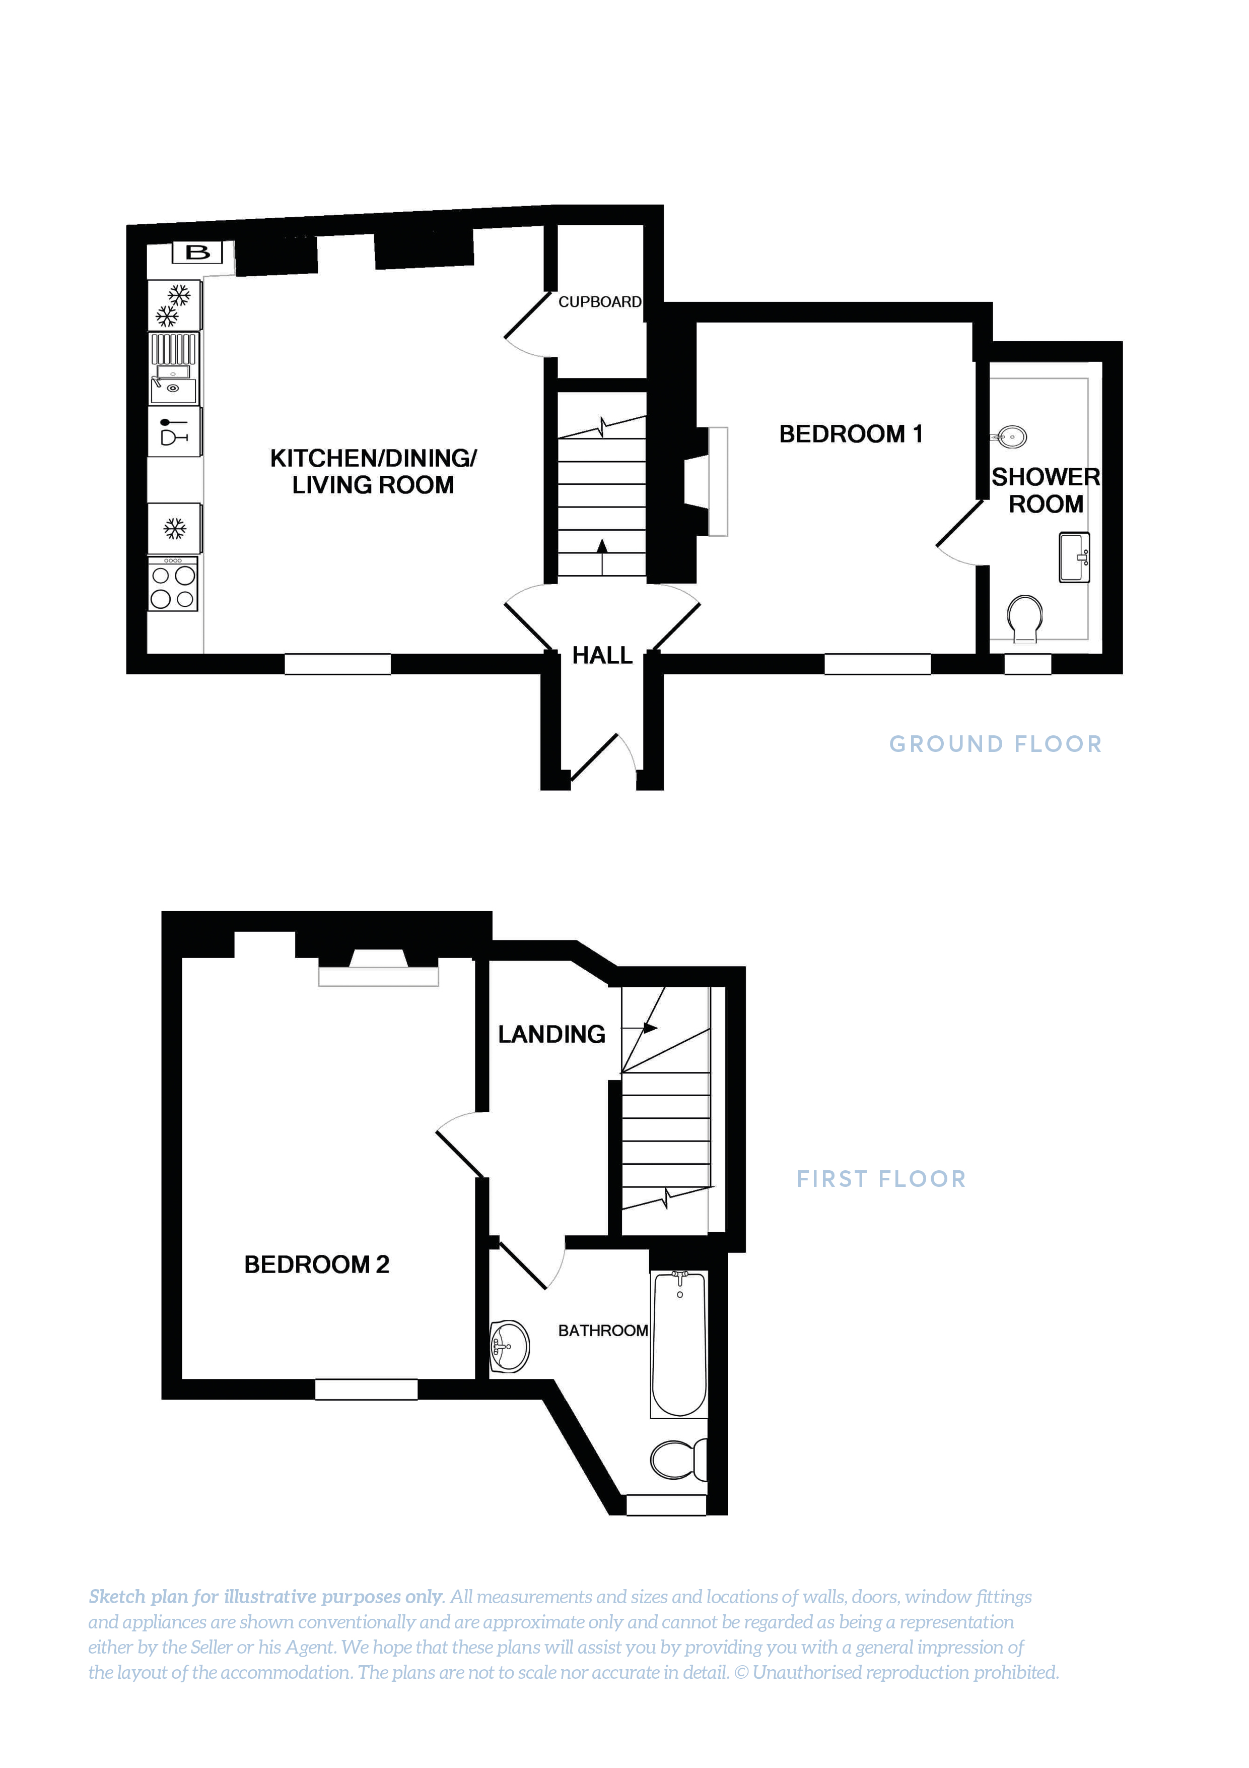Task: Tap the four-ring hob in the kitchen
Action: [x=173, y=587]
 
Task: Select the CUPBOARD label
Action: [x=599, y=302]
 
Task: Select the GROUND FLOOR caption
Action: [x=995, y=744]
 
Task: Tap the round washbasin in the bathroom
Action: [x=509, y=1347]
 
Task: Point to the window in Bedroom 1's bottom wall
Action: [x=877, y=664]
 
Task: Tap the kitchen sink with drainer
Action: [x=174, y=369]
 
